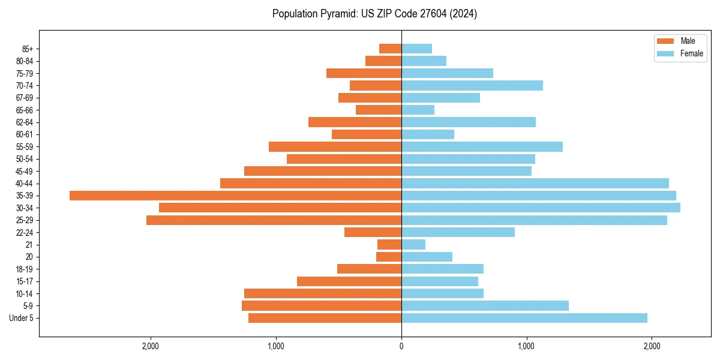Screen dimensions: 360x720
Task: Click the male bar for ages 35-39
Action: pos(235,196)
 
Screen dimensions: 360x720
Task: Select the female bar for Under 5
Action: pos(524,318)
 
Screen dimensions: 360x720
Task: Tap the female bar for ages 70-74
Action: pos(472,86)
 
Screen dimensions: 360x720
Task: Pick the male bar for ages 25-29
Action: pos(274,220)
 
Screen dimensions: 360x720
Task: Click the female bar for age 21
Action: pos(413,245)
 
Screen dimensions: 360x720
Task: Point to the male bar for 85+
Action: pos(390,49)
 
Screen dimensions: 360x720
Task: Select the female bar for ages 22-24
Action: pos(458,232)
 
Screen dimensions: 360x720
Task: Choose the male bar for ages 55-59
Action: pos(335,147)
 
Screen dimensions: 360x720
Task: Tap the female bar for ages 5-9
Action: pos(485,306)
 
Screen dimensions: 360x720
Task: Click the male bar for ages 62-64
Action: pos(355,122)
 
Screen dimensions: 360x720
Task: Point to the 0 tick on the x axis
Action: pos(401,346)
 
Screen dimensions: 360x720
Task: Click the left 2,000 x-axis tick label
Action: pos(151,346)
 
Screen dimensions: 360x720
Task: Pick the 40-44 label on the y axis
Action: pos(25,184)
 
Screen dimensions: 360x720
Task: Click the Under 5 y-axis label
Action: pos(22,318)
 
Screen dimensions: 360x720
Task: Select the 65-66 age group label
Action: pos(25,110)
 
